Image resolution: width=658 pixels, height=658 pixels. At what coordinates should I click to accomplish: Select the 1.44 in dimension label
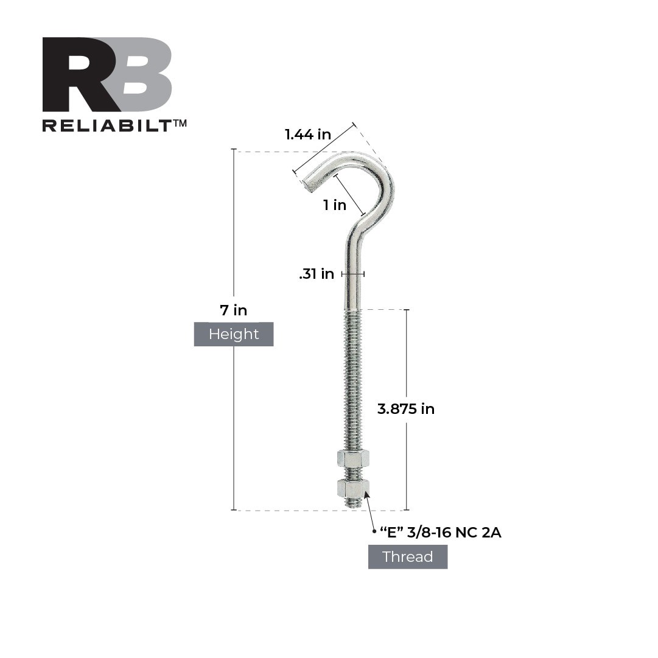click(x=308, y=135)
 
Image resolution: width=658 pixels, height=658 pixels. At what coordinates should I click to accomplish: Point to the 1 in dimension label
click(x=335, y=205)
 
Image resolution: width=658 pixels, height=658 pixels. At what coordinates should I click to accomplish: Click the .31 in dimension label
click(x=317, y=275)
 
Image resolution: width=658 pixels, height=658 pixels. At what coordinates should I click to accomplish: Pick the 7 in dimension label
click(x=234, y=310)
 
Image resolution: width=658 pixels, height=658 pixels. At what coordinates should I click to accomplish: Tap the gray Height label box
click(x=234, y=334)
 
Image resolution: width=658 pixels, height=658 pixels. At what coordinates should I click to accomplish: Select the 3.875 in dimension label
click(x=406, y=409)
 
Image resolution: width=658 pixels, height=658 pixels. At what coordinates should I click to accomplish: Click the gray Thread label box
click(x=408, y=557)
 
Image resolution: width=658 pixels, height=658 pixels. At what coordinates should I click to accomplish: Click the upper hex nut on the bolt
click(x=352, y=459)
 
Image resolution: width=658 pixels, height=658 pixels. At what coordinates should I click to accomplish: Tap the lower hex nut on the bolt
click(x=352, y=488)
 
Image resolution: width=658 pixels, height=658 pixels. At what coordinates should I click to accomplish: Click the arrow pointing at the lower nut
click(x=370, y=511)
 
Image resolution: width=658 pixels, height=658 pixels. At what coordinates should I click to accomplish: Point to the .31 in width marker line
click(x=352, y=275)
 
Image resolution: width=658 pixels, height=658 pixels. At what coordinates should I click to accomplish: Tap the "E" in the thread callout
click(x=393, y=533)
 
